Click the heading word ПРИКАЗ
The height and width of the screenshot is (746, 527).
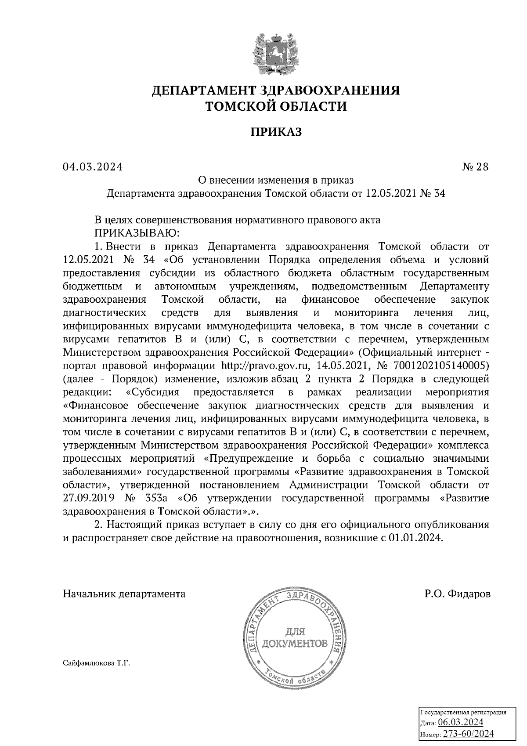pos(276,132)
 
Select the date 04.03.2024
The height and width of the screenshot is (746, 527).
pos(93,167)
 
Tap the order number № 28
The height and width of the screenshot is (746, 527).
pos(475,167)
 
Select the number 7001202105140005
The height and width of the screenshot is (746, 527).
pos(440,366)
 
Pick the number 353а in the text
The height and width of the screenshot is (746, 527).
pos(156,498)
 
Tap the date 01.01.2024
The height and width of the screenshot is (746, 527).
pos(415,539)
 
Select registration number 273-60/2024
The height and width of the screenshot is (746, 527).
pos(468,734)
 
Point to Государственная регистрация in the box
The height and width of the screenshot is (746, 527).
pos(464,712)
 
